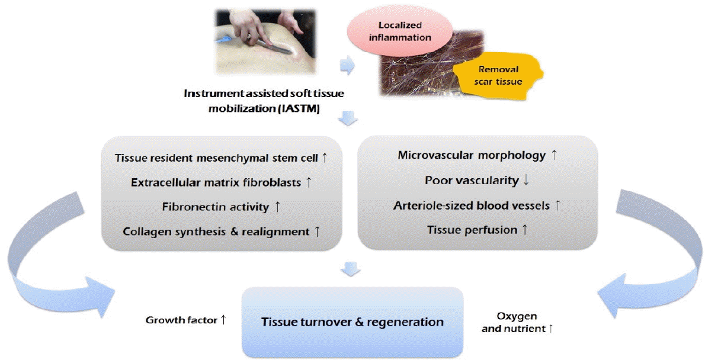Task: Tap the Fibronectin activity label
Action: tap(216, 207)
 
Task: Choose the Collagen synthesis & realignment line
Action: tap(216, 232)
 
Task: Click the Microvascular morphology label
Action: tap(472, 155)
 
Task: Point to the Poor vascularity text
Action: tap(472, 181)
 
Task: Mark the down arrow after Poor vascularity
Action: tap(526, 181)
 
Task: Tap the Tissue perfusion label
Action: tap(472, 230)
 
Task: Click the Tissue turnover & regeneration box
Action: tap(352, 322)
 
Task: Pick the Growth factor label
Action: tap(181, 320)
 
